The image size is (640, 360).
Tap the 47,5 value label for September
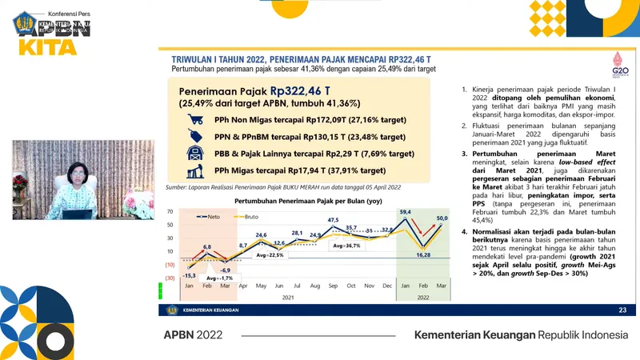(333, 219)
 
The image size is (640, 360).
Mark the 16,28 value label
(423, 256)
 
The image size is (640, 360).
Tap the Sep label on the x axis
(332, 286)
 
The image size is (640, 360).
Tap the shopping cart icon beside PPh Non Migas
(194, 120)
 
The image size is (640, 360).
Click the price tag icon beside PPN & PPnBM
(194, 137)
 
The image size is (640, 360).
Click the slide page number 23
(622, 310)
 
